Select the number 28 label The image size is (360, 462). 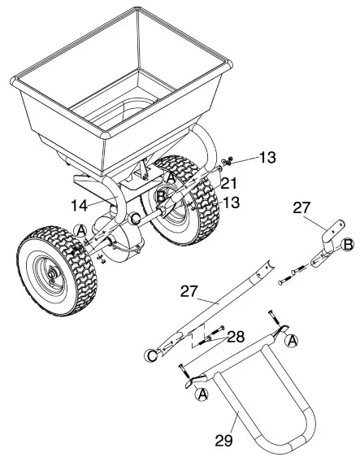click(235, 335)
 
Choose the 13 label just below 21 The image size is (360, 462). click(231, 202)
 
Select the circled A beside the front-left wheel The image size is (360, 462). click(83, 230)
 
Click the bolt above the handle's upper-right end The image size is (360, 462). click(273, 316)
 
